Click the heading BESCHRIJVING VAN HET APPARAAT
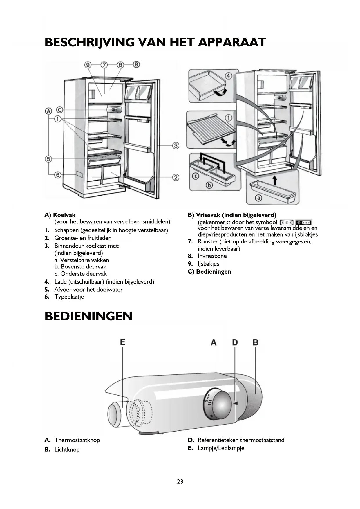[155, 42]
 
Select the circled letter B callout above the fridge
[136, 64]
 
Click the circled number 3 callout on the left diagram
[176, 145]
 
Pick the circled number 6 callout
[58, 175]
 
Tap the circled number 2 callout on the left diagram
[176, 177]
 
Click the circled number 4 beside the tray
[229, 76]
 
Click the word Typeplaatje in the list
[69, 297]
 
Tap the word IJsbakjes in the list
[208, 264]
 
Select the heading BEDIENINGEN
[88, 316]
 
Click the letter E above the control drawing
[123, 342]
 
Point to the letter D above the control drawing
[235, 342]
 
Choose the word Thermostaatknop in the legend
[77, 440]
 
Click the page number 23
[180, 482]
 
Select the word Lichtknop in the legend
[67, 450]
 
